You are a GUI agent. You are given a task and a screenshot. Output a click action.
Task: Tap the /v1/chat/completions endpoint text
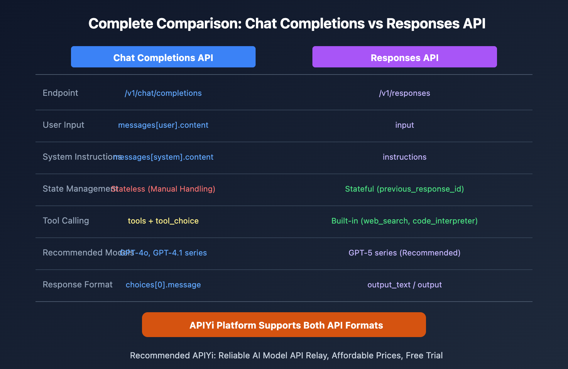click(x=163, y=93)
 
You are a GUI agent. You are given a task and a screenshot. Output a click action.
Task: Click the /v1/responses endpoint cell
click(x=404, y=93)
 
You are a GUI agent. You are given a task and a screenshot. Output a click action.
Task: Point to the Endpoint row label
click(x=60, y=93)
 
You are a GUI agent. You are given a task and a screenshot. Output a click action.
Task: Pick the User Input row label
click(x=64, y=125)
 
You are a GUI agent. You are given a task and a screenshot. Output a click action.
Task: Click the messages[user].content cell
click(x=163, y=125)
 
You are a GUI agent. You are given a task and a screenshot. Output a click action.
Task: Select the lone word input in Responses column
click(x=404, y=125)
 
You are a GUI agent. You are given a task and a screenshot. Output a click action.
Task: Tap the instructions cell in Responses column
click(x=404, y=157)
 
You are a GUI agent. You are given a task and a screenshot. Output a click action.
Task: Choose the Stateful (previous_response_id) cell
click(x=404, y=189)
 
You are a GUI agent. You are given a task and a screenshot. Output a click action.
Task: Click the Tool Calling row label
click(x=66, y=221)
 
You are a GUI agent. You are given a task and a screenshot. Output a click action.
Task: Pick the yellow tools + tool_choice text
click(x=163, y=221)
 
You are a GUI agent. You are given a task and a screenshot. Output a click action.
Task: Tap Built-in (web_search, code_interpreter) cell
click(x=404, y=221)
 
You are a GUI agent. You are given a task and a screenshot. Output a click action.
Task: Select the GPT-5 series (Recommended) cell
click(x=404, y=253)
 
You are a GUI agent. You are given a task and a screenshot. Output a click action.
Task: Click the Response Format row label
click(x=77, y=285)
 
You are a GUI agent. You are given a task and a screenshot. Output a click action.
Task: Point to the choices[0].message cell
click(x=163, y=285)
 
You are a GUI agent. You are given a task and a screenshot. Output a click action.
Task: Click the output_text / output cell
click(x=404, y=285)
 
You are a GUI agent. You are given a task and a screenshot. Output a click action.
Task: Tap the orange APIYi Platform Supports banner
click(x=284, y=325)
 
